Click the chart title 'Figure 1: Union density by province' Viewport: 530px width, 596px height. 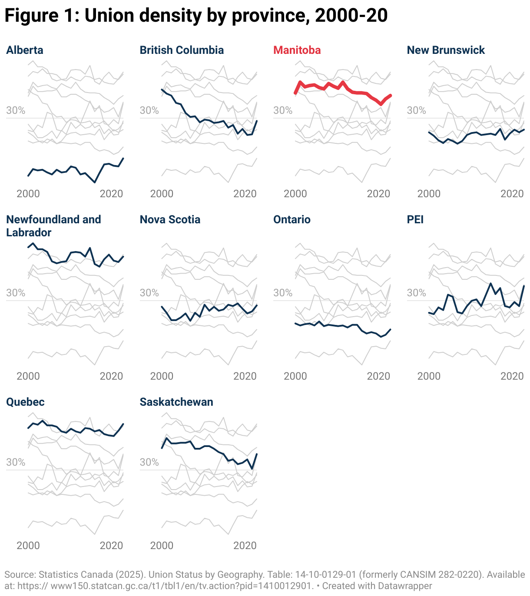point(195,16)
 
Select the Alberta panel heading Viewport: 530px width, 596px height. point(25,50)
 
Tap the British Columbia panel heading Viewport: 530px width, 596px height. point(182,50)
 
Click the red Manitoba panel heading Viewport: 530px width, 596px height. point(297,50)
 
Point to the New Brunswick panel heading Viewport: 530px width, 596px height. point(446,50)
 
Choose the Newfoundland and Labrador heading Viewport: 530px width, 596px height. point(53,225)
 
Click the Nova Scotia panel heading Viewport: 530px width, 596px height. point(170,219)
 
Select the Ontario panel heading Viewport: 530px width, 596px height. point(291,219)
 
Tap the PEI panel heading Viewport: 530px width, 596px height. point(415,219)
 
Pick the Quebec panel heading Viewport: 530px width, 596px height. point(25,402)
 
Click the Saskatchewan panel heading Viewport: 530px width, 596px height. point(176,402)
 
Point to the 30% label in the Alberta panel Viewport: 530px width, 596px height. point(16,110)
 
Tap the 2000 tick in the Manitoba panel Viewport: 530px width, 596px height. point(295,194)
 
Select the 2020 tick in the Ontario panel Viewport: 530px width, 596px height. point(378,376)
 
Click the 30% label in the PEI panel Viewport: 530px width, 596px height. point(416,293)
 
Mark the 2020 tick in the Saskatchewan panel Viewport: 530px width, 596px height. point(245,546)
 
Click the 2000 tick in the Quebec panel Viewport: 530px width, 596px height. point(28,546)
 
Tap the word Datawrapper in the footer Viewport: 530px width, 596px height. point(404,586)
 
